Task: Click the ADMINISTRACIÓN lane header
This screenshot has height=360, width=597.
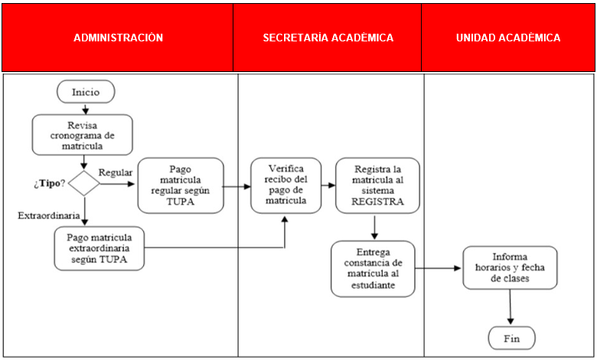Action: pos(118,38)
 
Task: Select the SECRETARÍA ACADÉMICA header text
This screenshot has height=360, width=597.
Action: pos(328,38)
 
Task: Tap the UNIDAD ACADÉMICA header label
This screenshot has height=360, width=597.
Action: pos(507,38)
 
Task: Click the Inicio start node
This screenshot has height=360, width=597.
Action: pos(86,91)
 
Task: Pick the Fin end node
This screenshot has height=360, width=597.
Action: pos(511,337)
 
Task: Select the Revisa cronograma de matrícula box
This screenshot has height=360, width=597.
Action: pos(82,134)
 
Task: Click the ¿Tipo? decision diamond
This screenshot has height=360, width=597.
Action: pos(84,184)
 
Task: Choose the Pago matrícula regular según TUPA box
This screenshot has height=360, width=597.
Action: pos(181,185)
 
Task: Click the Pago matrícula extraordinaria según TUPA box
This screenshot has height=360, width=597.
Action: pos(99,247)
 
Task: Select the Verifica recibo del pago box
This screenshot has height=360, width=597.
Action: pos(285,185)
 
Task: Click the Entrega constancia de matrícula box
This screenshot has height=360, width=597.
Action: pos(372,268)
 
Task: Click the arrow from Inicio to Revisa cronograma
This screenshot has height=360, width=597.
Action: pos(85,108)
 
